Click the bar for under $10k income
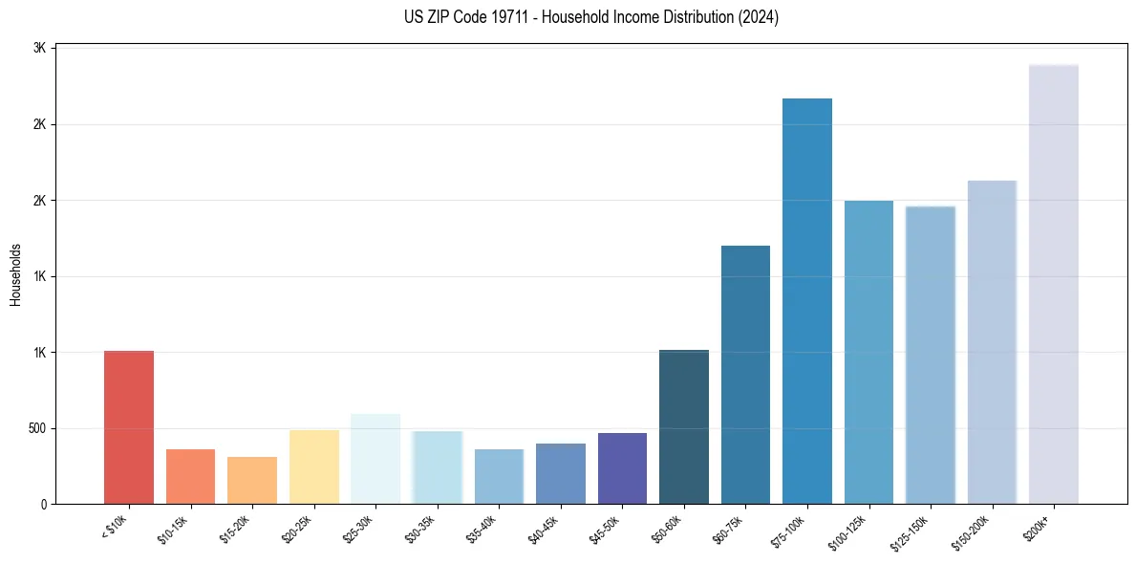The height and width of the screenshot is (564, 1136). point(129,427)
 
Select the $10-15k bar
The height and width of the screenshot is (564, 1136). point(190,476)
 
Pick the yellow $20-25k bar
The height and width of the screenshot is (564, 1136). point(313,466)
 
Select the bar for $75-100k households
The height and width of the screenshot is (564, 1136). point(807,301)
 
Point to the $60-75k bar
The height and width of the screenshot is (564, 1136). point(745,375)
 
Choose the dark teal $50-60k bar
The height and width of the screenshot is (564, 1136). point(684,426)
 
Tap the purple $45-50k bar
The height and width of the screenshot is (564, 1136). point(622,468)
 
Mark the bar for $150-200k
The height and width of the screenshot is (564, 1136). point(992,342)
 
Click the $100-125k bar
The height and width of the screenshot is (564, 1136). point(868,352)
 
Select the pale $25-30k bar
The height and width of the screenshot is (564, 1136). point(375,459)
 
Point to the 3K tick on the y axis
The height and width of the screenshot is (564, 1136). point(40,48)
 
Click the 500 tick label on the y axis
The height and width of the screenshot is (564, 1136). point(36,428)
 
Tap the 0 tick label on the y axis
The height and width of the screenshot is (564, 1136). point(44,504)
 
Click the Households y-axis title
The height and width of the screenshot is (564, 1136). point(16,274)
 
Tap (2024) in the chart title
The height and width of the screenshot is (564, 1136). point(759,17)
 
